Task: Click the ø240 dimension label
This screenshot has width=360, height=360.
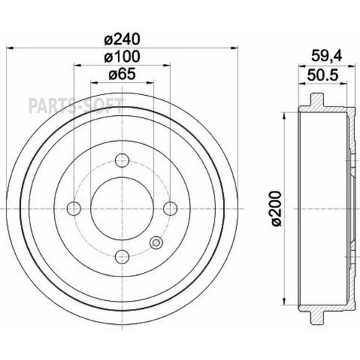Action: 122,39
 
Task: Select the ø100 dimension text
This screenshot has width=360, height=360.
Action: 122,57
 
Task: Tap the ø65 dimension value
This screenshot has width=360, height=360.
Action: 122,74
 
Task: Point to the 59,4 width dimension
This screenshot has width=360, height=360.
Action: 326,56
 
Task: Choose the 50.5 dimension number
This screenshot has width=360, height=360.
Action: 323,75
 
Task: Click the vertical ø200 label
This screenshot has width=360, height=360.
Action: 276,208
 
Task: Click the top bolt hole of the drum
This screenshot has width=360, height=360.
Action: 122,161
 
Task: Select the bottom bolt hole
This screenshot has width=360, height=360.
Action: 122,257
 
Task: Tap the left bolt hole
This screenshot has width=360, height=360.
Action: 74,209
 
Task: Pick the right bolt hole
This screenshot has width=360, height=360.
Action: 170,209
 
